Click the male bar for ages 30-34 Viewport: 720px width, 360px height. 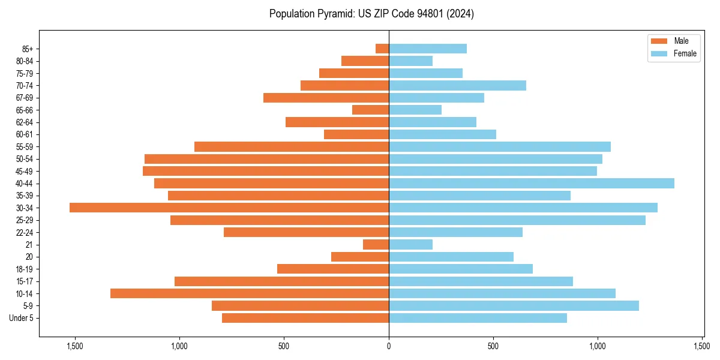coord(229,208)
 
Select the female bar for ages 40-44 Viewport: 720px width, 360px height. coord(532,183)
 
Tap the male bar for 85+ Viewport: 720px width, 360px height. coord(382,49)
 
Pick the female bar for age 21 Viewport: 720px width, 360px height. coord(410,244)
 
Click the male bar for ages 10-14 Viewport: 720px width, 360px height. coord(250,293)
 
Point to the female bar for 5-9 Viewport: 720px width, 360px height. coord(514,306)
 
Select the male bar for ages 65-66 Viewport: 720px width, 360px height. coord(370,110)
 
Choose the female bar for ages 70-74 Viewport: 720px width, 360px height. coord(457,85)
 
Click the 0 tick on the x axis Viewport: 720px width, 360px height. coord(389,346)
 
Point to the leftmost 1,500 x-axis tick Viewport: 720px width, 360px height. coord(75,346)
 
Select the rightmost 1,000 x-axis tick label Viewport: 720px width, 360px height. coord(598,346)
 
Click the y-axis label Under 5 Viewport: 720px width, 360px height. coord(22,318)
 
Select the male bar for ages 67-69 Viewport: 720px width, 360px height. coord(326,98)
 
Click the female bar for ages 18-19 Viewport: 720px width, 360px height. coord(461,269)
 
